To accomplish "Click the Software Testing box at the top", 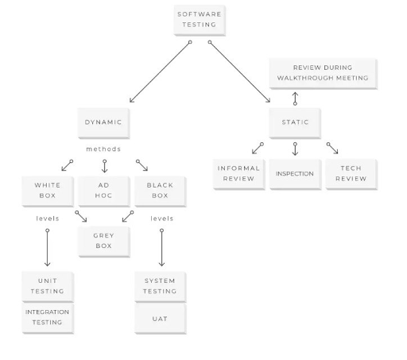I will (200, 20).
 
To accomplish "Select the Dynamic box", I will (103, 122).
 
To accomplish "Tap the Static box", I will (295, 122).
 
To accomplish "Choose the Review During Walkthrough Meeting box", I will (322, 73).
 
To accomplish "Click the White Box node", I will (48, 191).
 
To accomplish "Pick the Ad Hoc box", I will (103, 191).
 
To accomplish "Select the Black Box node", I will (160, 191).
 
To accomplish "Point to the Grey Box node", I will (103, 241).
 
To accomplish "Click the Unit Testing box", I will (48, 286).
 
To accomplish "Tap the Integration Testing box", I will (48, 317).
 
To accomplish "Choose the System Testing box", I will (160, 286).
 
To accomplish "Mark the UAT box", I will (160, 318).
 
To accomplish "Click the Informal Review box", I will (238, 174).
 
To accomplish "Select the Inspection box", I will (295, 174).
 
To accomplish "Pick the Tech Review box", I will (351, 174).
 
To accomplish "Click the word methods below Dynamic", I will (103, 149).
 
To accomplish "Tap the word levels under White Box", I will (48, 219).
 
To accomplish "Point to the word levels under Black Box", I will (162, 219).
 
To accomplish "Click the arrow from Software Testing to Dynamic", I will (160, 72).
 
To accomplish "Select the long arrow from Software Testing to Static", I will (239, 72).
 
